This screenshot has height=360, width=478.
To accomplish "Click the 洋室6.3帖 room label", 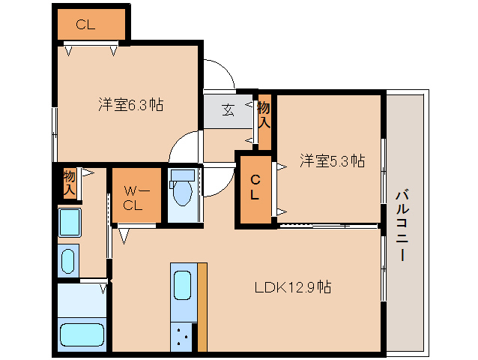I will (130, 105).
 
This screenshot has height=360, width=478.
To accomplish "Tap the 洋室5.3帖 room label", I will (333, 160).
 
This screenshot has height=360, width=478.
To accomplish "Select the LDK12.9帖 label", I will (293, 286).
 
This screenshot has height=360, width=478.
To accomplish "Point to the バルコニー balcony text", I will (404, 225).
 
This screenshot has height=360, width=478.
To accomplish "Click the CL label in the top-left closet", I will (85, 24).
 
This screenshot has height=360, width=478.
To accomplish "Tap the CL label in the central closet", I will (255, 187).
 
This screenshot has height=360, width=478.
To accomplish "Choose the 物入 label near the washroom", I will (69, 182).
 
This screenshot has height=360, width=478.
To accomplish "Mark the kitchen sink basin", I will (182, 286).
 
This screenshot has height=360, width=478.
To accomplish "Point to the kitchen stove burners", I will (182, 337).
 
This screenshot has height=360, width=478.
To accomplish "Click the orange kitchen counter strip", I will (201, 307).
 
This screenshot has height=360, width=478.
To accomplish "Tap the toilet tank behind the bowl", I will (182, 177).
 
